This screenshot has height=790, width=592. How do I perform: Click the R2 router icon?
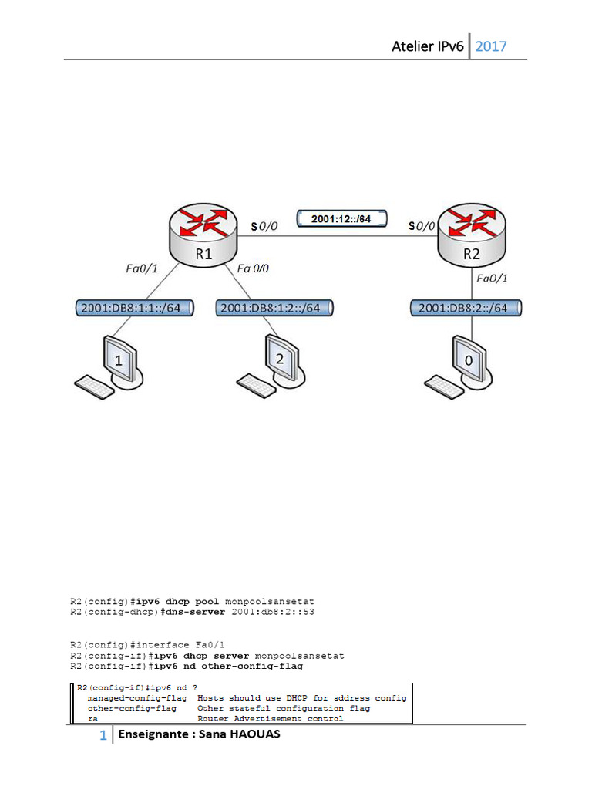(x=472, y=235)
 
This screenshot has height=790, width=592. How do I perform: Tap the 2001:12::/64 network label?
(x=341, y=218)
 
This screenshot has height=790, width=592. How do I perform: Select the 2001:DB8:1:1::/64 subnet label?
(x=134, y=308)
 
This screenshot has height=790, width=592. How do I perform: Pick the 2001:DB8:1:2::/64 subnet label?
(x=274, y=308)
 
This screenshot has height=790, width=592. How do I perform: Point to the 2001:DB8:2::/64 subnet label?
(x=466, y=308)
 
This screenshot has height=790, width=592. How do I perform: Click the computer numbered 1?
(x=109, y=367)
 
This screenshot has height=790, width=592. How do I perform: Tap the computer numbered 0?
(x=459, y=367)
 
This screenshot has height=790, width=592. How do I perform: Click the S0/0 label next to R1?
(x=264, y=226)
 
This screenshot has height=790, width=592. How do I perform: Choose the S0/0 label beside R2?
(x=422, y=226)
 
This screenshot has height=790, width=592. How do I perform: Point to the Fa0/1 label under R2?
(x=492, y=278)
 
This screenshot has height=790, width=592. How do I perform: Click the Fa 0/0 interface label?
(x=253, y=268)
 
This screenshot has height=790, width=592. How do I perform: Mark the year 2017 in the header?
(x=491, y=46)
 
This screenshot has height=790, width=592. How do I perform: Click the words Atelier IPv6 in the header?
(x=428, y=46)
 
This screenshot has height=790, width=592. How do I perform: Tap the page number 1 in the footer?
(x=103, y=735)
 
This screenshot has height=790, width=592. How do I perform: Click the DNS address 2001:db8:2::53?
(x=273, y=612)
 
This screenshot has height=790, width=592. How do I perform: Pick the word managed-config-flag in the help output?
(x=137, y=697)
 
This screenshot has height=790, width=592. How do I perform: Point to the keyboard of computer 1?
(x=94, y=387)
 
